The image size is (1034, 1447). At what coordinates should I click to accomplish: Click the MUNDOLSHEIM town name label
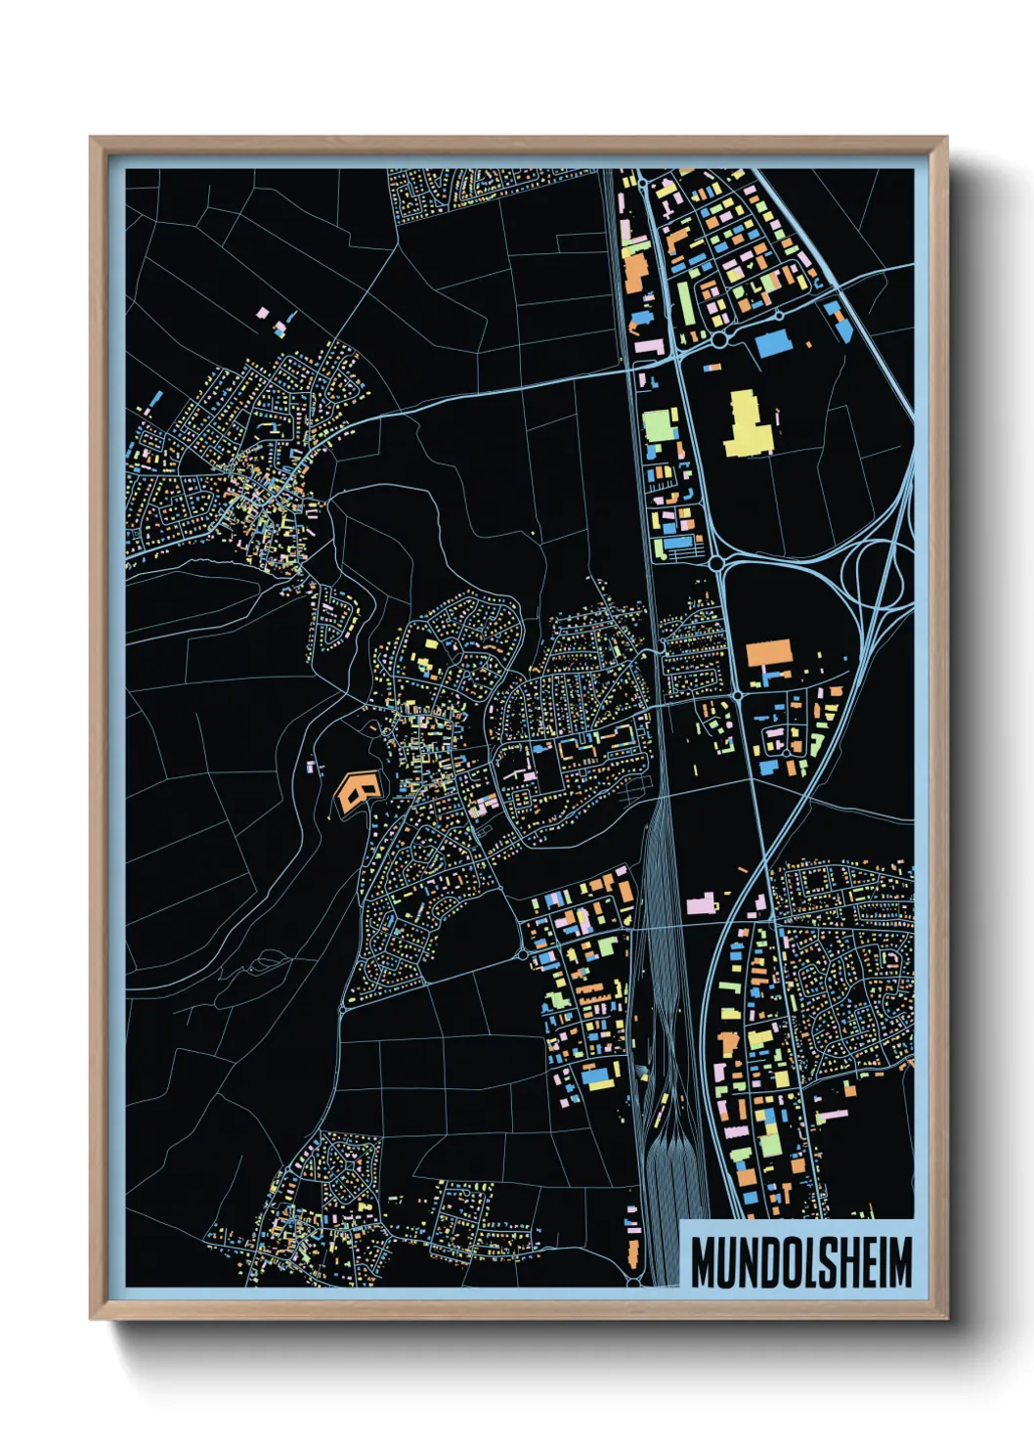pyautogui.click(x=800, y=1262)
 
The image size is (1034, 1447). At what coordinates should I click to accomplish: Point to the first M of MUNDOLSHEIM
pyautogui.click(x=703, y=1262)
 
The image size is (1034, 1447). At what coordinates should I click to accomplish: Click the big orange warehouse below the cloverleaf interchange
pyautogui.click(x=768, y=654)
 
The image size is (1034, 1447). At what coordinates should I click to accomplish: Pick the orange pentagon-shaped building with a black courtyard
pyautogui.click(x=356, y=790)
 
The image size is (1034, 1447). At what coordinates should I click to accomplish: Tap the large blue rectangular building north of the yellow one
pyautogui.click(x=771, y=343)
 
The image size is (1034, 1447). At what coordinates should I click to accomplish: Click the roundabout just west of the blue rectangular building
pyautogui.click(x=720, y=338)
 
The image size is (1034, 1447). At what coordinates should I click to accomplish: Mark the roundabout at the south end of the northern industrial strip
pyautogui.click(x=715, y=563)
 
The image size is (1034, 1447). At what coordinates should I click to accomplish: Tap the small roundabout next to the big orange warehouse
pyautogui.click(x=735, y=694)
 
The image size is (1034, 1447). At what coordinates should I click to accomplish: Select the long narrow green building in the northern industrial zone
pyautogui.click(x=687, y=302)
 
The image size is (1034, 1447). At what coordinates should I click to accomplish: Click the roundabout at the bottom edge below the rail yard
pyautogui.click(x=634, y=1280)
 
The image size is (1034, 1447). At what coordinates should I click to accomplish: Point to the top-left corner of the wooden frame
pyautogui.click(x=92, y=139)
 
